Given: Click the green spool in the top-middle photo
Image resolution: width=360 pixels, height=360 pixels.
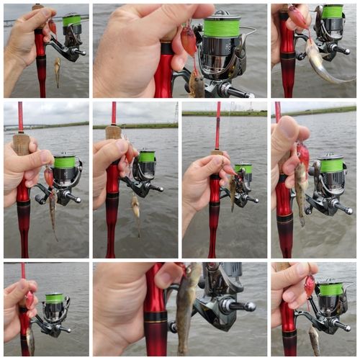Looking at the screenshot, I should tap(222, 28).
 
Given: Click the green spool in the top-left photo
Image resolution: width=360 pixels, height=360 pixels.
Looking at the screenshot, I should tap(71, 20).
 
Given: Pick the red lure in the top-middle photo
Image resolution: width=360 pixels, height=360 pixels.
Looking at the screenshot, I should tap(189, 40).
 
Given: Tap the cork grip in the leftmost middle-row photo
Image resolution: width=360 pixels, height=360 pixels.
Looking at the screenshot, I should tap(21, 144).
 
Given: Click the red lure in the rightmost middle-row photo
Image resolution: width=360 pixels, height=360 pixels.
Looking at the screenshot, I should tap(303, 156).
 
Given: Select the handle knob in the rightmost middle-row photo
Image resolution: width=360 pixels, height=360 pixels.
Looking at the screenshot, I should tap(346, 210).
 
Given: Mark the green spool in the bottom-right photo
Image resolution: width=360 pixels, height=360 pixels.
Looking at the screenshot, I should tap(331, 289).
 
